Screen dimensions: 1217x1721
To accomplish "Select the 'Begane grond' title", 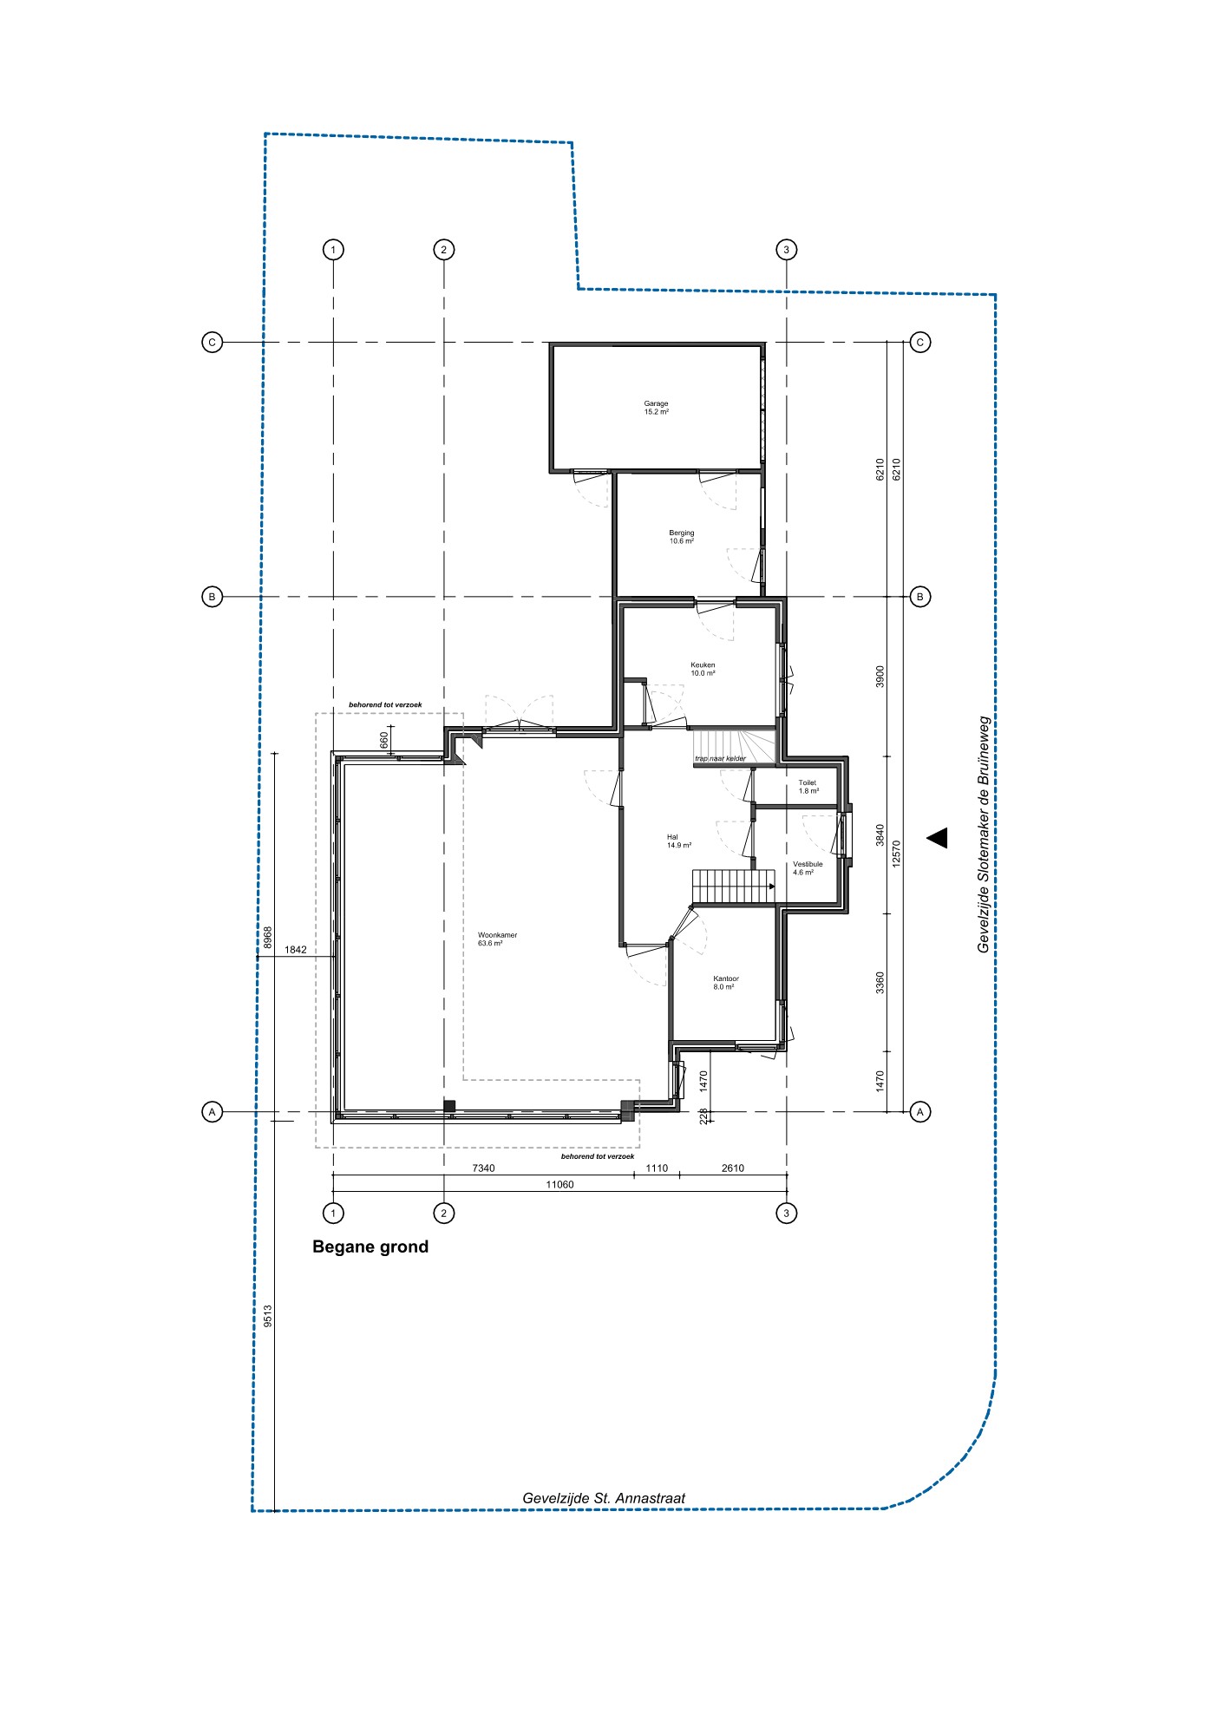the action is tap(370, 1247).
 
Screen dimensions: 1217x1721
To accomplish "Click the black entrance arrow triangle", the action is tap(938, 837).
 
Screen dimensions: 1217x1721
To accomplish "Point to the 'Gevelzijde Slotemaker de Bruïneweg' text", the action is tap(984, 834).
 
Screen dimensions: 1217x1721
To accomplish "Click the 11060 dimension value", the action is tap(559, 1184).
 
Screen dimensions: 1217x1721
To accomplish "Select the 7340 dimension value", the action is tap(483, 1168).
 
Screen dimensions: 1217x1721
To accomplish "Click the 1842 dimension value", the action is tap(296, 950).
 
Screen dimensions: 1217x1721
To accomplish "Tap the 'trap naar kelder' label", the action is tap(720, 759).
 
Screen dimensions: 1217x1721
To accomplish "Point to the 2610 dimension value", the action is tap(733, 1168).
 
